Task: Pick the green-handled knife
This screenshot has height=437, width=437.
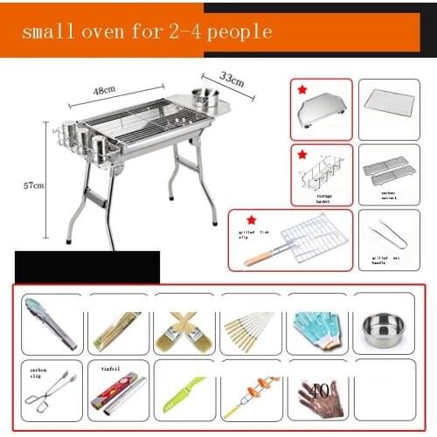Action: tap(183, 395)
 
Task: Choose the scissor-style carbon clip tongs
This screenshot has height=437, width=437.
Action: tap(49, 398)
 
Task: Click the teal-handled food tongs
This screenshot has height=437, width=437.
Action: tap(50, 324)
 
